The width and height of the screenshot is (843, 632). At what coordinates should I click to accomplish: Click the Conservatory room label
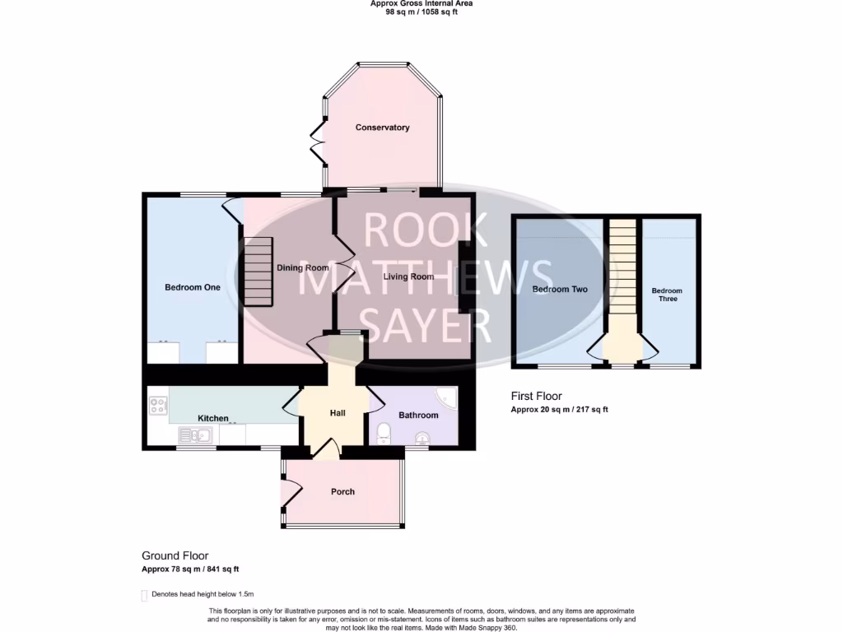pyautogui.click(x=382, y=128)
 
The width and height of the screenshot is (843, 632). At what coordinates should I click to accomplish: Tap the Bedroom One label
pyautogui.click(x=193, y=287)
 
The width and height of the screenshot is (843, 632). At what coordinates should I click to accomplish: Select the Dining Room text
pyautogui.click(x=302, y=267)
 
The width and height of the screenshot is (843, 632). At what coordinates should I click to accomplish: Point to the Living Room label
pyautogui.click(x=408, y=276)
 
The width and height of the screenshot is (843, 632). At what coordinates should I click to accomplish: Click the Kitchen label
pyautogui.click(x=212, y=418)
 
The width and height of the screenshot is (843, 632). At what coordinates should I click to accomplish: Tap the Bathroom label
pyautogui.click(x=418, y=416)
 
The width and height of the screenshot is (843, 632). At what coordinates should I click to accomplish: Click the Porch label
pyautogui.click(x=342, y=491)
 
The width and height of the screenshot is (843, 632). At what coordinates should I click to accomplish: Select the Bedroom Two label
pyautogui.click(x=559, y=290)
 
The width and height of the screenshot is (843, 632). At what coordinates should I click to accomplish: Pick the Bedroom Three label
pyautogui.click(x=667, y=295)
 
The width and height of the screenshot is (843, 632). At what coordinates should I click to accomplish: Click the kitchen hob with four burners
pyautogui.click(x=157, y=406)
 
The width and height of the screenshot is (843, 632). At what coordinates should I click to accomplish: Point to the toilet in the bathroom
pyautogui.click(x=384, y=434)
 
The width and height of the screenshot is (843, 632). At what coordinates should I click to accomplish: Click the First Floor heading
pyautogui.click(x=537, y=397)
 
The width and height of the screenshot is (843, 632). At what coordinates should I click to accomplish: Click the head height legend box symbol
pyautogui.click(x=144, y=595)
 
